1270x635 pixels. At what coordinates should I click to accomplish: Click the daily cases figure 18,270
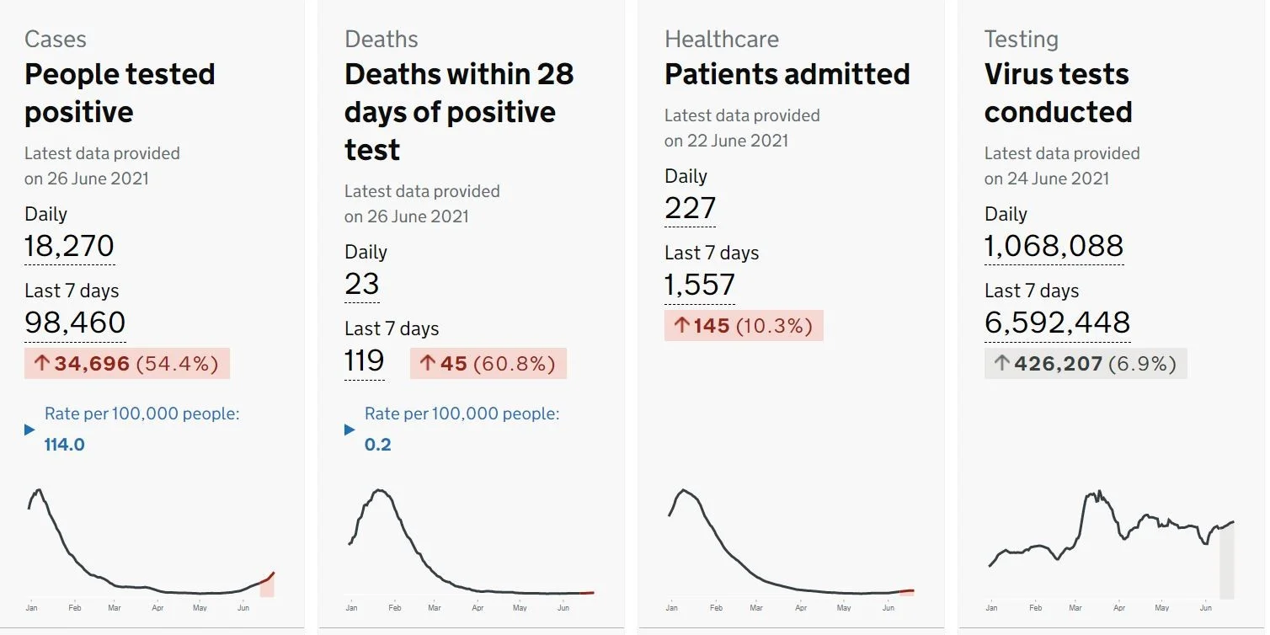tap(69, 246)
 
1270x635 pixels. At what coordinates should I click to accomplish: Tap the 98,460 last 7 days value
tap(75, 323)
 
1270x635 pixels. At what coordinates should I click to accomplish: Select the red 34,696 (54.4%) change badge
tap(127, 364)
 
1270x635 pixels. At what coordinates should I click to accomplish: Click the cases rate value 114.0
tap(65, 445)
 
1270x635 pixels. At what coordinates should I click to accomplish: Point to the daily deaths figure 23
tap(362, 284)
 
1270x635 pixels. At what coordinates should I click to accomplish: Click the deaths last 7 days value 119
tap(364, 360)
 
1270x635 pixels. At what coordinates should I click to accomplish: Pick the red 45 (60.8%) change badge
tap(488, 364)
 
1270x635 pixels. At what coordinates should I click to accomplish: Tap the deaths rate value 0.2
tap(377, 445)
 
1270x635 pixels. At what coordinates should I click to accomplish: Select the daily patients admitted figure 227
tap(690, 208)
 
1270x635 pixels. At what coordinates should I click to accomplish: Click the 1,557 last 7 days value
tap(700, 285)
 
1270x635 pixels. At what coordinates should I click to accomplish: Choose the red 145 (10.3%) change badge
tap(744, 325)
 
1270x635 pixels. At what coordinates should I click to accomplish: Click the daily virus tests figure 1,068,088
tap(1054, 246)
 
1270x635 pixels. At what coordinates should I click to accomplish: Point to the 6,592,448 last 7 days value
tap(1058, 323)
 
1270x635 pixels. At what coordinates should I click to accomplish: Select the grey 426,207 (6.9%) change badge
tap(1086, 364)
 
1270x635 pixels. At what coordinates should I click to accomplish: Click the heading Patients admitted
tap(787, 74)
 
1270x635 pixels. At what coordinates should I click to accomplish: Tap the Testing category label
tap(1021, 39)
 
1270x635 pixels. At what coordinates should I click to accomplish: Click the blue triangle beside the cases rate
tap(30, 430)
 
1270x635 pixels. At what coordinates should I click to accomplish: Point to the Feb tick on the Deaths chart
tap(395, 608)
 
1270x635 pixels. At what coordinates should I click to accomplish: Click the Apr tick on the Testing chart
tap(1119, 608)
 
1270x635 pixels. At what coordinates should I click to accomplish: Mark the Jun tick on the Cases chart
tap(243, 608)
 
